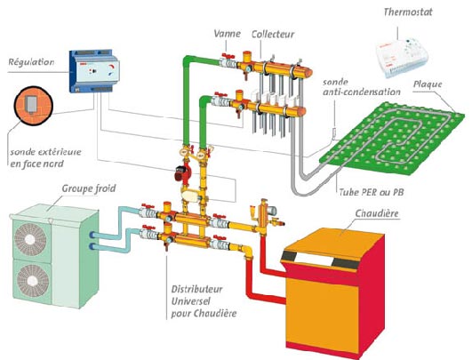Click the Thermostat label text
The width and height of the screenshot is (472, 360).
[x=408, y=12]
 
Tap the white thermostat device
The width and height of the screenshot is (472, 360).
[x=402, y=58]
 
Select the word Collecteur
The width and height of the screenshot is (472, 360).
[x=273, y=34]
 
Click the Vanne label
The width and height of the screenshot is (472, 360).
[x=228, y=34]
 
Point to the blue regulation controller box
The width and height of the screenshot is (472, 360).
[x=94, y=71]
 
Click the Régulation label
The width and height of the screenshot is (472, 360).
[x=31, y=62]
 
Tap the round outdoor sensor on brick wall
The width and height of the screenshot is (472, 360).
[x=34, y=106]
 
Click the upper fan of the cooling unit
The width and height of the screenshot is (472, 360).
[x=30, y=239]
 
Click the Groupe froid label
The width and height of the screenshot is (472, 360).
[x=89, y=188]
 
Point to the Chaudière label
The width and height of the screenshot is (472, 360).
[x=377, y=213]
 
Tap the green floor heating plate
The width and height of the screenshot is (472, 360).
[x=390, y=138]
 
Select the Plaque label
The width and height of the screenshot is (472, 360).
[x=428, y=84]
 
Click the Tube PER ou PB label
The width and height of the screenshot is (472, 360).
[x=372, y=192]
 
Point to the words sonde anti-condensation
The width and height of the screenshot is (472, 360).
[x=362, y=87]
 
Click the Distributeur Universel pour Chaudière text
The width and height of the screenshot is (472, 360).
[x=204, y=301]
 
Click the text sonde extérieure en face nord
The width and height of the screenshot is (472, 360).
[x=45, y=157]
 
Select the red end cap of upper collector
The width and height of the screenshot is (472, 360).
[x=308, y=72]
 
